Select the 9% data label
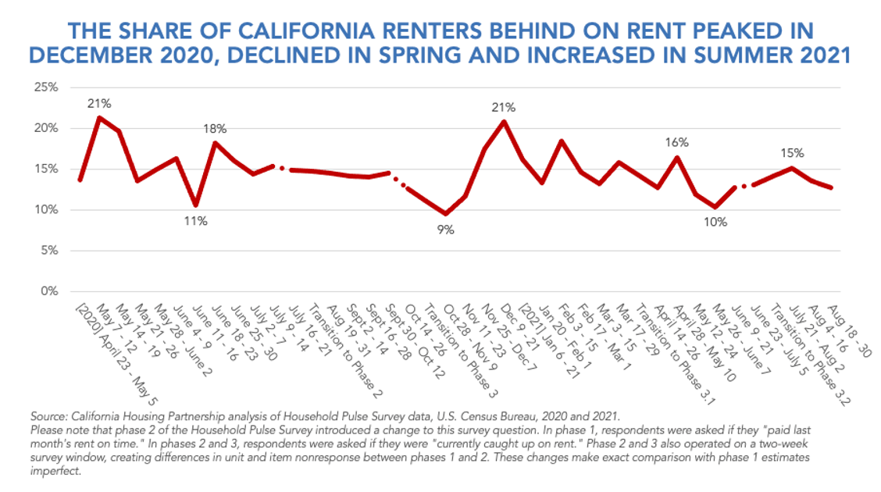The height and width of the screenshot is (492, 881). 445,230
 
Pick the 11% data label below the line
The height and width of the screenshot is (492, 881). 195,221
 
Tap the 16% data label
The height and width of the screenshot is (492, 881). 676,142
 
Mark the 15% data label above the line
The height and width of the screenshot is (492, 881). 793,153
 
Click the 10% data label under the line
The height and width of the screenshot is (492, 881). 715,222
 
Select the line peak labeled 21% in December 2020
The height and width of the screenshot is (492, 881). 505,121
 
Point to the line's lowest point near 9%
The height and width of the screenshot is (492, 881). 446,213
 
